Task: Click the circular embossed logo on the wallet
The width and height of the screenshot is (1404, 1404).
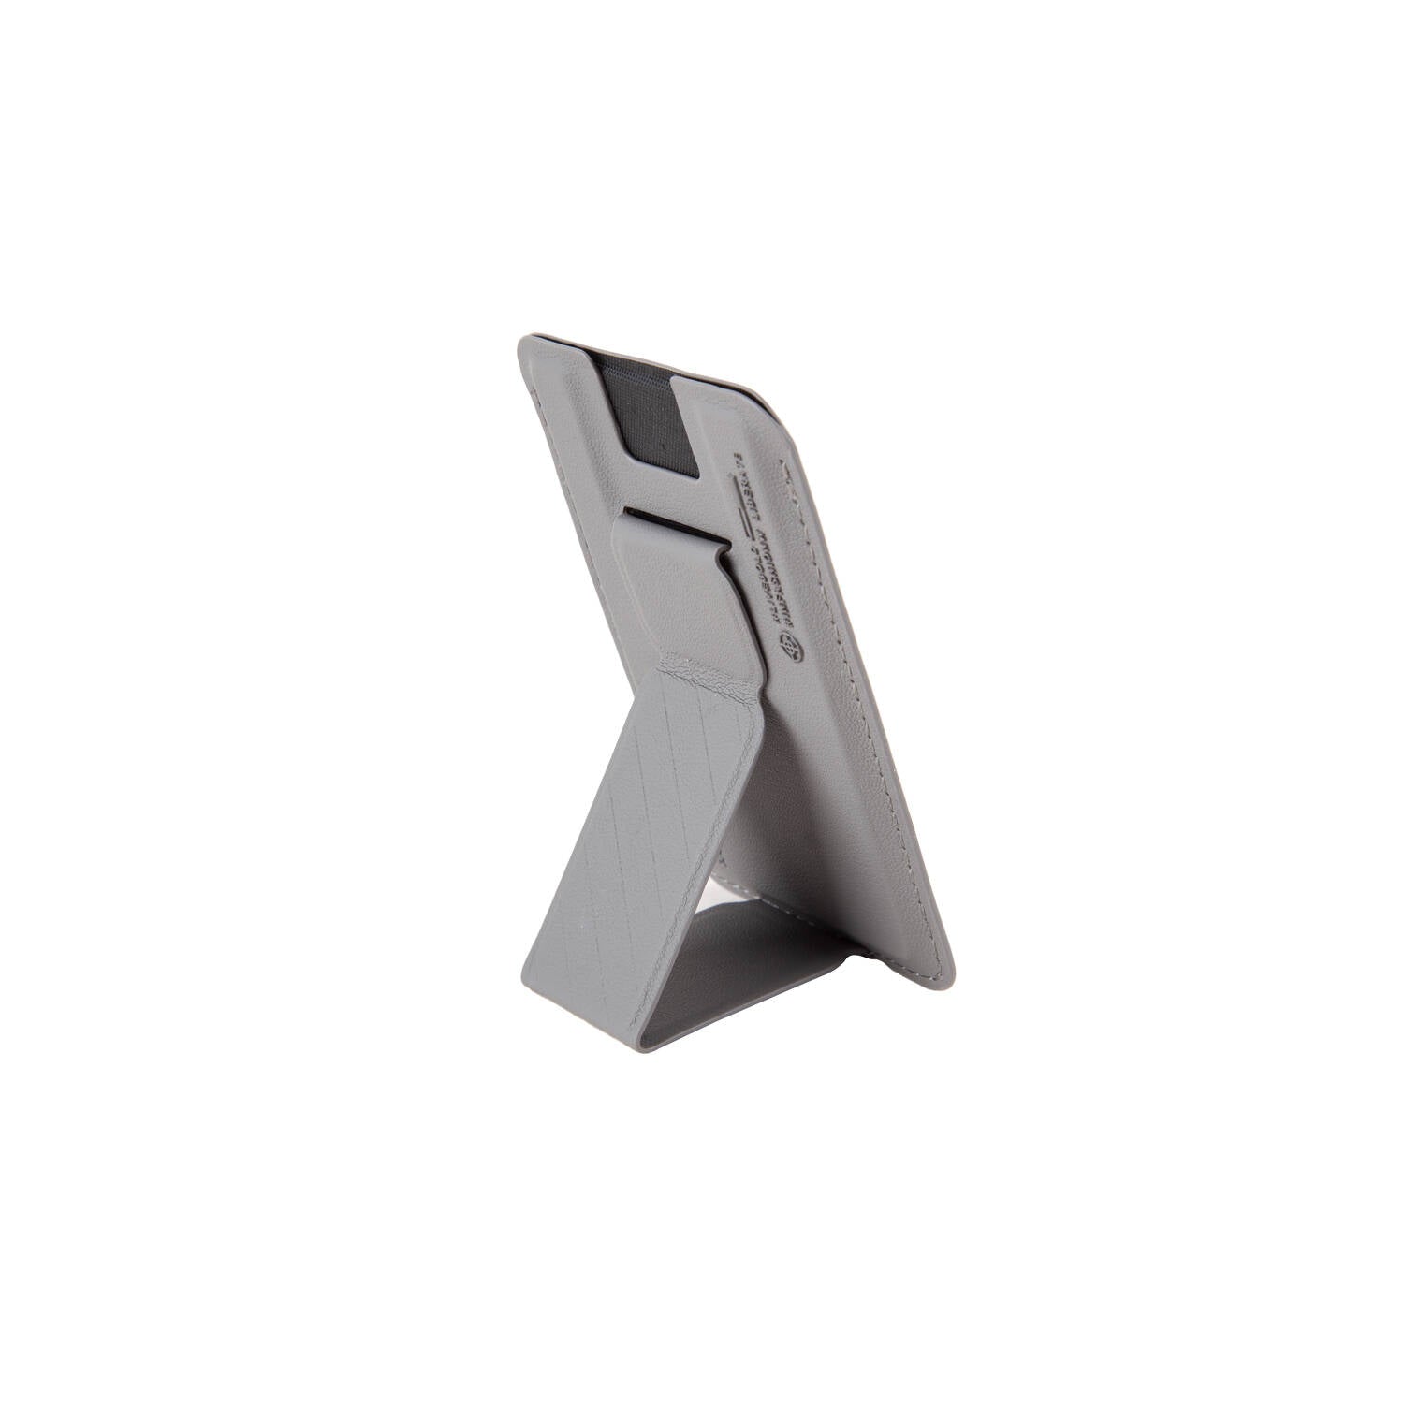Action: tap(790, 647)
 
